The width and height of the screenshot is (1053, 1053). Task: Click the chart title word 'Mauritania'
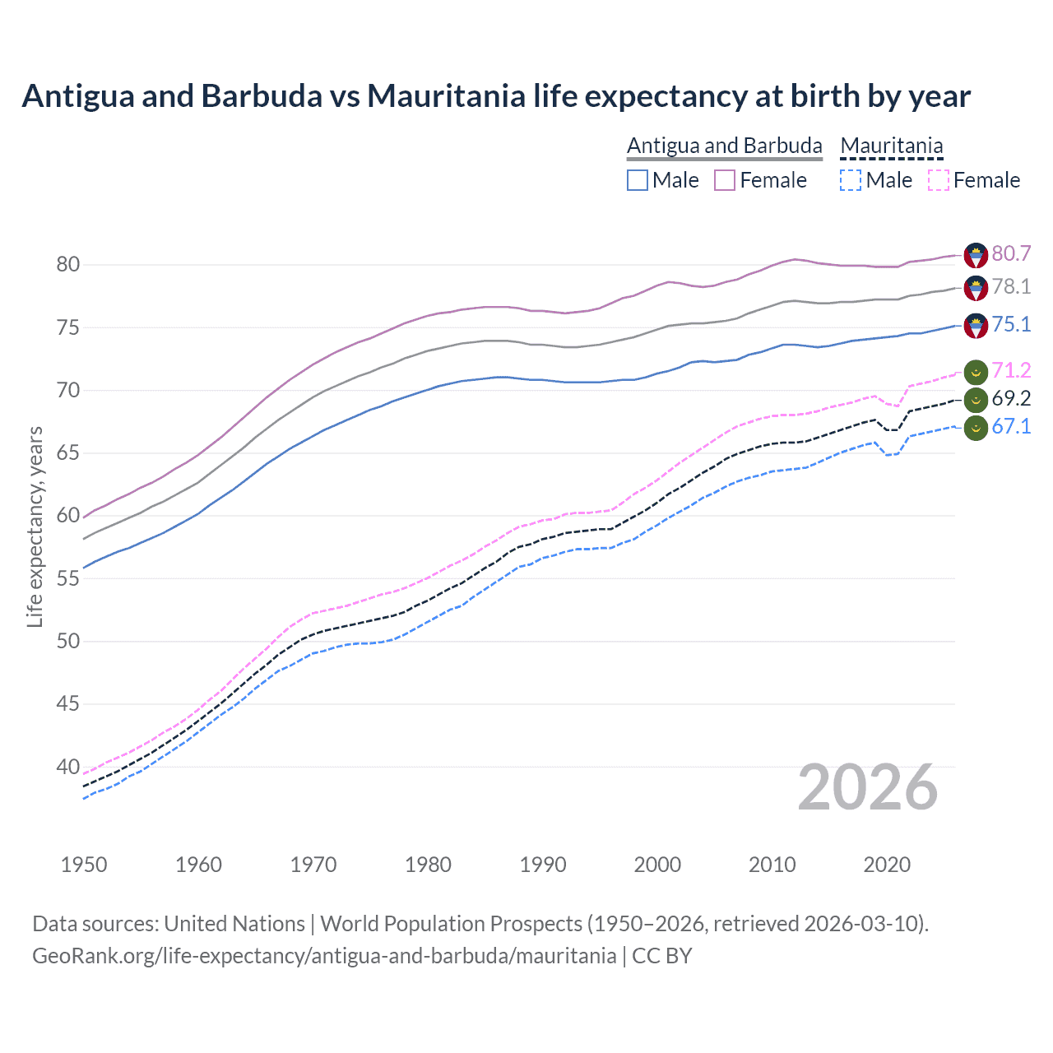point(446,96)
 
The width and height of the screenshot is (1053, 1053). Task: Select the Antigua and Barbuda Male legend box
point(638,180)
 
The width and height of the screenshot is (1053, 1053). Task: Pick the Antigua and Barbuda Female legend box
point(725,180)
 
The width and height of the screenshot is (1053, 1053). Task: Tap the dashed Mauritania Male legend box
point(851,180)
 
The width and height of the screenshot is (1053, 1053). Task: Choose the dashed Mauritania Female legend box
point(939,180)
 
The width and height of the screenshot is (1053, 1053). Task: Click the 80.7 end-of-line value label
point(1011,254)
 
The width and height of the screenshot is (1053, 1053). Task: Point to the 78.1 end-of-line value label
point(1011,287)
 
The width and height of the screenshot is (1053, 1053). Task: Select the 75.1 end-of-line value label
point(1011,325)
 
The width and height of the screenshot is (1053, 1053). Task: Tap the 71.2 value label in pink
point(1011,371)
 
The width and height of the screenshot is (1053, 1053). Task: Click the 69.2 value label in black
point(1011,399)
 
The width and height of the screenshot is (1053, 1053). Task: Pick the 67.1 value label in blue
point(1011,427)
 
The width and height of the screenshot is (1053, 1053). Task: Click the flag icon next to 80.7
point(976,255)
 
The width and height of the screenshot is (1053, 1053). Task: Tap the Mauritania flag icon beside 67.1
point(976,428)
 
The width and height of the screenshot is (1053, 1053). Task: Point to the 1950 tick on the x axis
point(84,865)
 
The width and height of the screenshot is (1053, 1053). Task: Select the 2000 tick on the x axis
point(657,865)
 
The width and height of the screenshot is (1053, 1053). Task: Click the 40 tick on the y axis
point(68,767)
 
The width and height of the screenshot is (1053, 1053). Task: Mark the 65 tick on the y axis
point(68,453)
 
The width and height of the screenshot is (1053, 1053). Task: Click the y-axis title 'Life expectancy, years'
point(35,527)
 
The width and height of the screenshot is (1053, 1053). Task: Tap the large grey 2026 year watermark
point(868,788)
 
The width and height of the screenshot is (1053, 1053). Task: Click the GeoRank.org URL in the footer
point(324,956)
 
